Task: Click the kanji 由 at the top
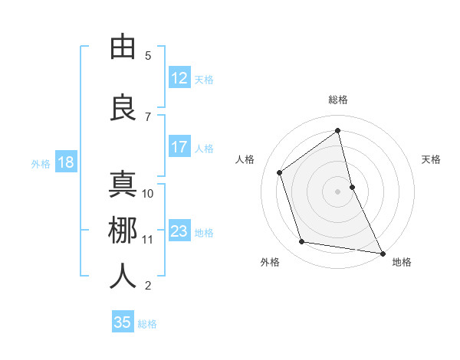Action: pos(123,46)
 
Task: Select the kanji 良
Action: pos(123,108)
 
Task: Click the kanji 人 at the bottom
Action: pos(123,277)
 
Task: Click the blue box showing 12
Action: pos(179,78)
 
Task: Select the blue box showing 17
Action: pos(179,148)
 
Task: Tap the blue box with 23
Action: pos(179,231)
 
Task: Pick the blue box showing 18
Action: pos(65,162)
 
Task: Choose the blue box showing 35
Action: pos(123,322)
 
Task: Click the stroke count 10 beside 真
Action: pos(148,194)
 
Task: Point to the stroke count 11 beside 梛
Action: pos(148,240)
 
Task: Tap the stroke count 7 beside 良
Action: pos(148,117)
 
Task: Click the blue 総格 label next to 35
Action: pos(147,324)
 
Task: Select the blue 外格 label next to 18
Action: pos(41,163)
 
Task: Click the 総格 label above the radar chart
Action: pos(338,100)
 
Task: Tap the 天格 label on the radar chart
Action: pos(432,159)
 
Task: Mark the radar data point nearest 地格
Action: pos(382,252)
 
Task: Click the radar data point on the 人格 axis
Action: pos(279,172)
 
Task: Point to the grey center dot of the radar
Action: pos(338,191)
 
